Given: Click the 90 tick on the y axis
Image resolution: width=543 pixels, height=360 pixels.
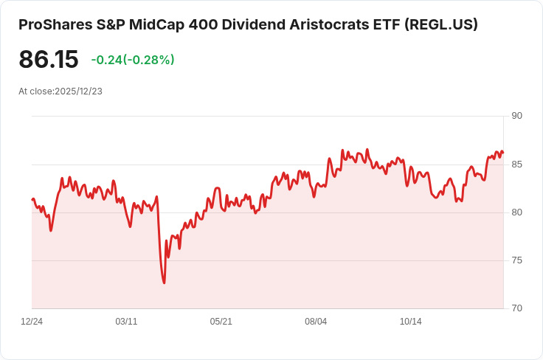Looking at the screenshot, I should [516, 116].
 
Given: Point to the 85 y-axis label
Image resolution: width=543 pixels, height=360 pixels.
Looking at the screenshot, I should [516, 164].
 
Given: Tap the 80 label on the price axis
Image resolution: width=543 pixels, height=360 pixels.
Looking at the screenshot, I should [516, 212].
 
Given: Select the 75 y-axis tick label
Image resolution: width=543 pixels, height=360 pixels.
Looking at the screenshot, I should [516, 260].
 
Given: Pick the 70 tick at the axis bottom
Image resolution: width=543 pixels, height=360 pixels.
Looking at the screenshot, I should [516, 308].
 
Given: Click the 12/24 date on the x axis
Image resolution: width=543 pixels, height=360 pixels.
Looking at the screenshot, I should [32, 322].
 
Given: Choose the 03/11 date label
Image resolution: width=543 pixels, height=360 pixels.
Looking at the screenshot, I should [127, 322].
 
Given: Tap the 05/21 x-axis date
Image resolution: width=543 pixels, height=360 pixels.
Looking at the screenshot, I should [221, 322].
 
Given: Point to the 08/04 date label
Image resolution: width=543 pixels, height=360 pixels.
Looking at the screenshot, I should [316, 322].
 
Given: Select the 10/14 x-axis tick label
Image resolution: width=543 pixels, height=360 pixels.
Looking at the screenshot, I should [410, 322].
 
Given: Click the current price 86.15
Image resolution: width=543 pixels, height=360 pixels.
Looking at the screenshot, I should [49, 60].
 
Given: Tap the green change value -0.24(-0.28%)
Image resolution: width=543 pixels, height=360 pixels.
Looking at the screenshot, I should [133, 60].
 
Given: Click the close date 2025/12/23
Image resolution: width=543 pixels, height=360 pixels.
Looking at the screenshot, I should [78, 91].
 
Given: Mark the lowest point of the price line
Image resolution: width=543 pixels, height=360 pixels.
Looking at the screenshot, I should [165, 283].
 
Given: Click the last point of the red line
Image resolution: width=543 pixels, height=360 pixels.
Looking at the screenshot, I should [503, 153].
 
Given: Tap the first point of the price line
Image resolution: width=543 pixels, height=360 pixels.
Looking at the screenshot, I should [32, 199].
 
